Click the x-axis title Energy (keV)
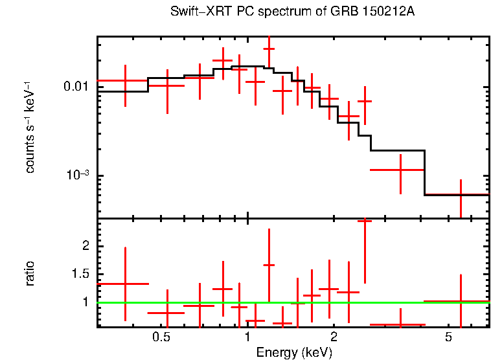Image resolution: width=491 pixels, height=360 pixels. click(294, 353)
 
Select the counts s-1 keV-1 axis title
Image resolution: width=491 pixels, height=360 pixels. click(30, 127)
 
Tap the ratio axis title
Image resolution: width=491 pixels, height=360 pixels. click(30, 273)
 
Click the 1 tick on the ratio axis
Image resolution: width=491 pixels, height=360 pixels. click(84, 302)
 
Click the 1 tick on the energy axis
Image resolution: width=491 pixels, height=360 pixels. click(247, 337)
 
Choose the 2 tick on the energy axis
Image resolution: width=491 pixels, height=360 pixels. click(334, 337)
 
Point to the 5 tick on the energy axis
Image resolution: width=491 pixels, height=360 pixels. click(448, 337)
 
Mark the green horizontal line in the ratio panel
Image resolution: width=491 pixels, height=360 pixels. click(389, 302)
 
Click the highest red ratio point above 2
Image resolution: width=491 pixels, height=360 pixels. click(365, 221)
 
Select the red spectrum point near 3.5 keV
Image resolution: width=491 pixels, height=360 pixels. click(400, 170)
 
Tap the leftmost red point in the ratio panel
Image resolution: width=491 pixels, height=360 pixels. click(125, 284)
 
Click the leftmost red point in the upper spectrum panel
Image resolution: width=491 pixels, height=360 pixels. click(125, 81)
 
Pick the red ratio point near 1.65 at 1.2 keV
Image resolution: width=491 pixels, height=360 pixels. click(269, 265)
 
